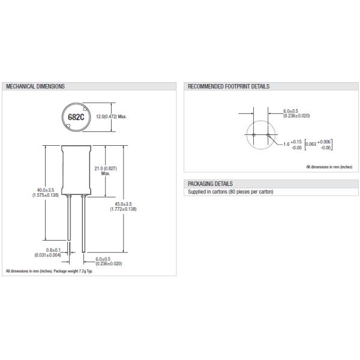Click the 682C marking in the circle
click(x=76, y=117)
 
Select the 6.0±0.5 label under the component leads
click(x=109, y=261)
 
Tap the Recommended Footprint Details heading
click(x=229, y=86)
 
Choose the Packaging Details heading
click(x=211, y=183)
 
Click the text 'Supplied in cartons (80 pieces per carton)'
click(x=230, y=191)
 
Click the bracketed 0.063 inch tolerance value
click(x=319, y=144)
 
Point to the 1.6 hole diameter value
click(x=286, y=144)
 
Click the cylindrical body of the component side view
click(x=75, y=171)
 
